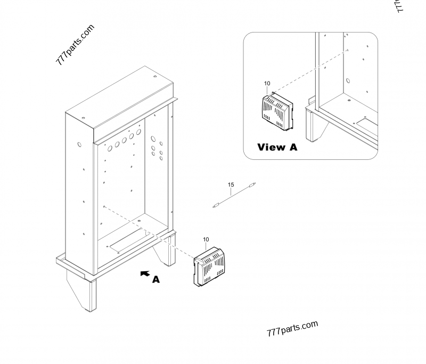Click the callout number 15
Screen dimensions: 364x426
pyautogui.click(x=231, y=185)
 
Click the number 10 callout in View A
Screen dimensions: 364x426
pyautogui.click(x=267, y=84)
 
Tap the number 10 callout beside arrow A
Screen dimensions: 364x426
pyautogui.click(x=206, y=240)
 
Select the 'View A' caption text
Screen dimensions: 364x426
pyautogui.click(x=277, y=147)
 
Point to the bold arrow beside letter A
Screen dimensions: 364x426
pyautogui.click(x=144, y=273)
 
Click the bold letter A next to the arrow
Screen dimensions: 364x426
pyautogui.click(x=156, y=279)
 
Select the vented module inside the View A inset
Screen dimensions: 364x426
pyautogui.click(x=276, y=110)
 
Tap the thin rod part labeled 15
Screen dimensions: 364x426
pyautogui.click(x=235, y=196)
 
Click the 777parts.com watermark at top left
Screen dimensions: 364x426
pyautogui.click(x=75, y=44)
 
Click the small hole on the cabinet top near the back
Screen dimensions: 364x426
pyautogui.click(x=155, y=77)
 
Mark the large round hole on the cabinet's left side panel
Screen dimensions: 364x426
pyautogui.click(x=79, y=144)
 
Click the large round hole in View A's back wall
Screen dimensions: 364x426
pyautogui.click(x=348, y=82)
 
